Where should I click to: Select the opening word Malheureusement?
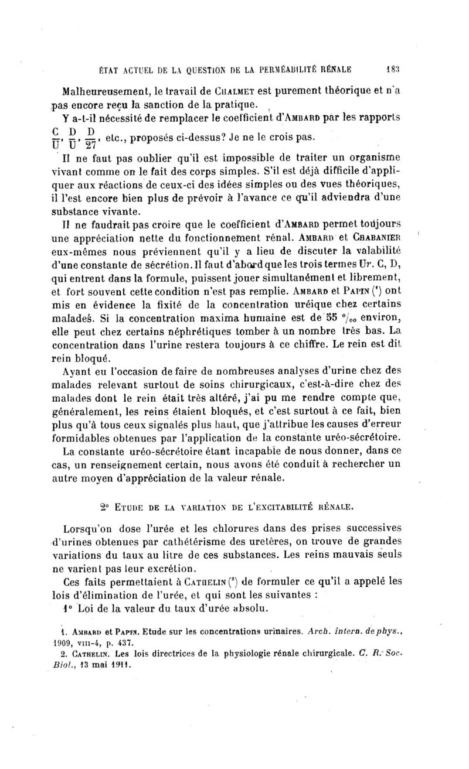(111, 91)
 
